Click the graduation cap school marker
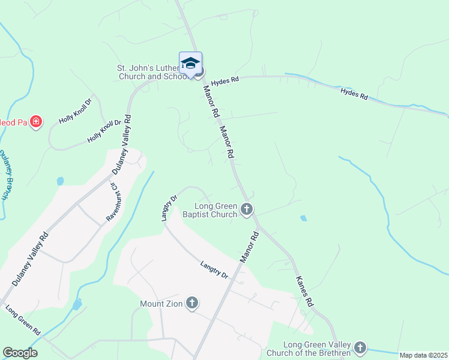coord(190,64)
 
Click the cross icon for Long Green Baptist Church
coord(246,209)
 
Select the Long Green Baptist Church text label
coord(209,209)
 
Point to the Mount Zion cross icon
coord(191,302)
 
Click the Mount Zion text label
coord(161,304)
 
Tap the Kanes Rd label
coord(305,292)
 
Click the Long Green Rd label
coord(22,321)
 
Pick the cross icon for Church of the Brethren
coord(360,347)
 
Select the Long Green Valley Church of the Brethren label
coord(317,349)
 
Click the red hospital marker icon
coord(36,122)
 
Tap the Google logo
coord(20,353)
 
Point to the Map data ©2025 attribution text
coord(423,355)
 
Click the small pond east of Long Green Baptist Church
coord(303,218)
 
